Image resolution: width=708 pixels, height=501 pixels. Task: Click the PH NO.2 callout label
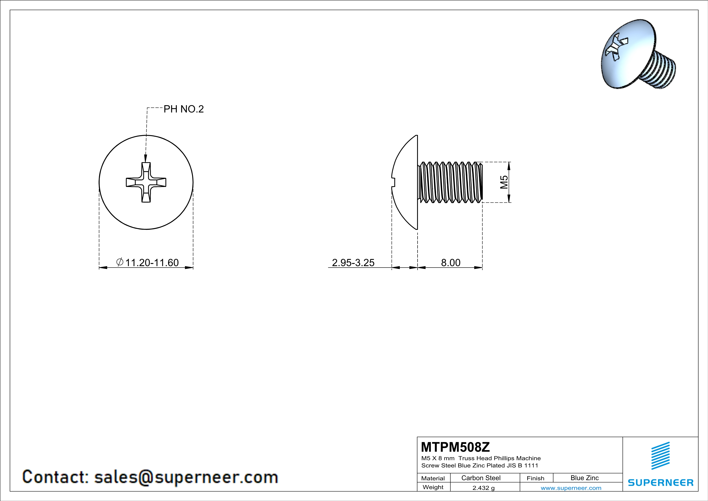pos(184,109)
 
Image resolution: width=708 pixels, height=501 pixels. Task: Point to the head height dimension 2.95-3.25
pos(353,263)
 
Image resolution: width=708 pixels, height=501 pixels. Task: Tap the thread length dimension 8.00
pos(451,263)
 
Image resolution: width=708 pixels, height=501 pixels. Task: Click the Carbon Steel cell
pos(481,478)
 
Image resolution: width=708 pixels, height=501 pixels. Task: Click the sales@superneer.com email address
pos(186,477)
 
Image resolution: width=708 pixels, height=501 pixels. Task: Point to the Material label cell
pos(433,478)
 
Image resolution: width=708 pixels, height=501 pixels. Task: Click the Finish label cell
pos(535,478)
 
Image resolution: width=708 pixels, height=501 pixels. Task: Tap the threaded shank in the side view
pos(450,182)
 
